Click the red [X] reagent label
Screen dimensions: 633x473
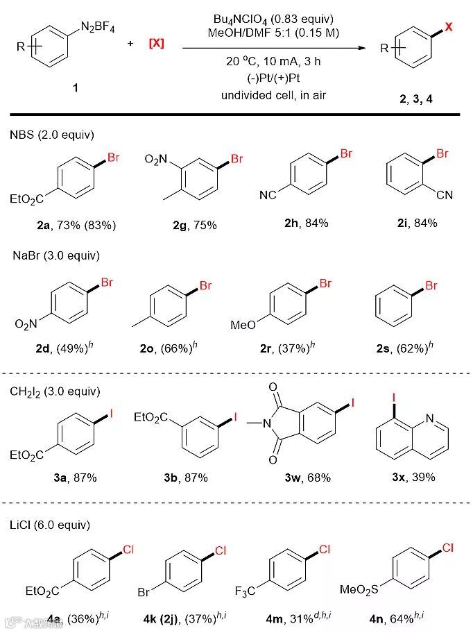(x=156, y=44)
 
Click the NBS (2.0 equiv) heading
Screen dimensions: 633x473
(x=53, y=134)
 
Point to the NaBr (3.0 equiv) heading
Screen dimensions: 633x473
(x=56, y=255)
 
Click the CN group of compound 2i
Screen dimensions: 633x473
(x=444, y=195)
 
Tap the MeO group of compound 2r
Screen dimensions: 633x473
(x=242, y=325)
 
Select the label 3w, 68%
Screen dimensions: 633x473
(x=302, y=478)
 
